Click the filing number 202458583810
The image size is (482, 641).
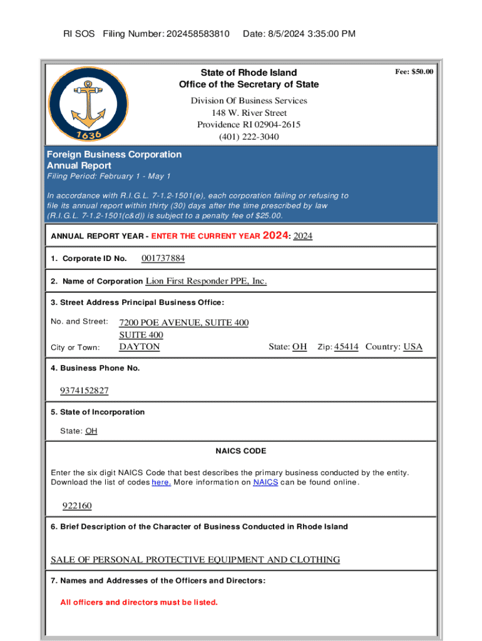(198, 34)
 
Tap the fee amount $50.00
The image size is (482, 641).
(414, 72)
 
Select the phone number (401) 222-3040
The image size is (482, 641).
(249, 136)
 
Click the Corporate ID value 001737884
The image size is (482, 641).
(163, 259)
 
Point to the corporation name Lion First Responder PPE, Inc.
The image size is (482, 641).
(206, 281)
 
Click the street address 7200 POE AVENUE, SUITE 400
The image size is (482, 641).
(183, 323)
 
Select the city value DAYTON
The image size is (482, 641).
(140, 346)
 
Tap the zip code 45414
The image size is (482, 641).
(346, 346)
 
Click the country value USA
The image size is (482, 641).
(413, 346)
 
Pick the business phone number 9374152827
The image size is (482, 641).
(85, 391)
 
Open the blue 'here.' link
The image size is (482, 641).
(162, 483)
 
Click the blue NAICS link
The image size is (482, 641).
(265, 483)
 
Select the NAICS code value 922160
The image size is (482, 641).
(77, 506)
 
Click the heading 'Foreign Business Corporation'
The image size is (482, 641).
(115, 155)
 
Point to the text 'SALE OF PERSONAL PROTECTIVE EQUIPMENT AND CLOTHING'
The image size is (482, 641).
(195, 560)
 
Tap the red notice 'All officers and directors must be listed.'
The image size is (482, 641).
(139, 602)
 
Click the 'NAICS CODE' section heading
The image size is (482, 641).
(241, 451)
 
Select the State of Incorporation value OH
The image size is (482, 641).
(91, 431)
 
